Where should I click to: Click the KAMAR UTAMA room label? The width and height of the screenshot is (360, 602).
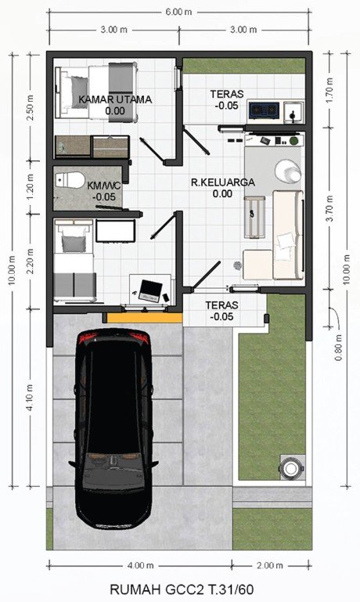[115, 99]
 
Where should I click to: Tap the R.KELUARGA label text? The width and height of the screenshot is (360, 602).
[222, 182]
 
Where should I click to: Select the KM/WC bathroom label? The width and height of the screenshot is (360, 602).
[104, 186]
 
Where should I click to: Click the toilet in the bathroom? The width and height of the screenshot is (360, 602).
[70, 180]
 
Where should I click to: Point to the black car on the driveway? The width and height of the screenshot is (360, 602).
[113, 427]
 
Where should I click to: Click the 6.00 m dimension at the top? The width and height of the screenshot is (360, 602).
[178, 12]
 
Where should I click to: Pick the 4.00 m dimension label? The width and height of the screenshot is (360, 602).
[141, 565]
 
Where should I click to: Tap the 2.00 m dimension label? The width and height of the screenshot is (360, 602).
[270, 565]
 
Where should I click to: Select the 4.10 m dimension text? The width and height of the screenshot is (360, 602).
[31, 398]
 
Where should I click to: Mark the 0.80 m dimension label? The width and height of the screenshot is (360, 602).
[338, 348]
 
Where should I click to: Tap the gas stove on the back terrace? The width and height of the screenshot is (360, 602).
[263, 110]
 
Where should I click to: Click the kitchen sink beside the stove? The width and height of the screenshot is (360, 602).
[293, 112]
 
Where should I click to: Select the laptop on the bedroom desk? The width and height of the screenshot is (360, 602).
[150, 290]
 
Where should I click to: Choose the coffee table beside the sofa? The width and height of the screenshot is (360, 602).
[254, 218]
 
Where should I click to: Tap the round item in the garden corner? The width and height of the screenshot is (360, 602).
[291, 468]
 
